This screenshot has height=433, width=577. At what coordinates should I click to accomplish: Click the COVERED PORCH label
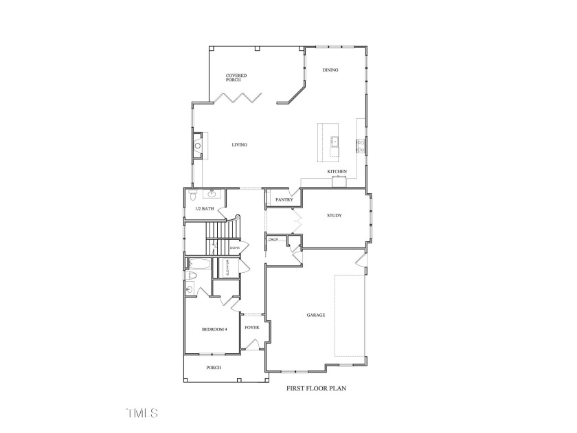(x=236, y=78)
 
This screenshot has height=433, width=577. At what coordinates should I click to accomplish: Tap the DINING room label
(x=330, y=69)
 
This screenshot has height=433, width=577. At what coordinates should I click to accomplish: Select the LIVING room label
(x=239, y=145)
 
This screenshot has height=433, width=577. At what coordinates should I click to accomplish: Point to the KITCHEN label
(x=337, y=171)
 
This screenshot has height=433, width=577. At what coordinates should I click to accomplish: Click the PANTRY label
(x=284, y=200)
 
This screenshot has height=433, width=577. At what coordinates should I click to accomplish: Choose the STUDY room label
(x=334, y=216)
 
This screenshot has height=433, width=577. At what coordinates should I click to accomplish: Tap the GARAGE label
(x=315, y=315)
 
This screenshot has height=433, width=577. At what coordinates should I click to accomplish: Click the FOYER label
(x=252, y=328)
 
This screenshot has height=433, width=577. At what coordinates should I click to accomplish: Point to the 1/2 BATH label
(x=205, y=208)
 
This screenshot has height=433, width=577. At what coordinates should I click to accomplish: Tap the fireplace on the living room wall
(x=198, y=146)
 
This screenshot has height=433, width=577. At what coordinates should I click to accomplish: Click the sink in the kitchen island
(x=335, y=142)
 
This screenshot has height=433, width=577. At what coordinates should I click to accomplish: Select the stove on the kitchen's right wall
(x=360, y=145)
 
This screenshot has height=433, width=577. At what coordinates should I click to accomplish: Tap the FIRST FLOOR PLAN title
(x=316, y=388)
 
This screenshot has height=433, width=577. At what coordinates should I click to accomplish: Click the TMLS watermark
(x=142, y=413)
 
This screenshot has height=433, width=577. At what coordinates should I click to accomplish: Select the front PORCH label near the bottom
(x=214, y=368)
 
